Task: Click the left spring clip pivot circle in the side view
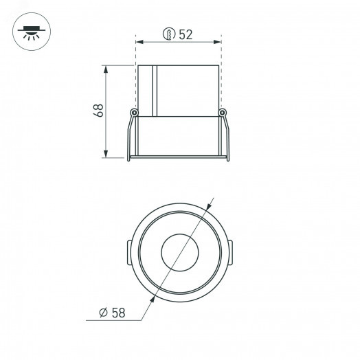(x=135, y=113)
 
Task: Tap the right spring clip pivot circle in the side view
(x=222, y=113)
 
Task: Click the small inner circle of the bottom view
(x=179, y=251)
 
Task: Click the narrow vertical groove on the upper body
(x=155, y=89)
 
